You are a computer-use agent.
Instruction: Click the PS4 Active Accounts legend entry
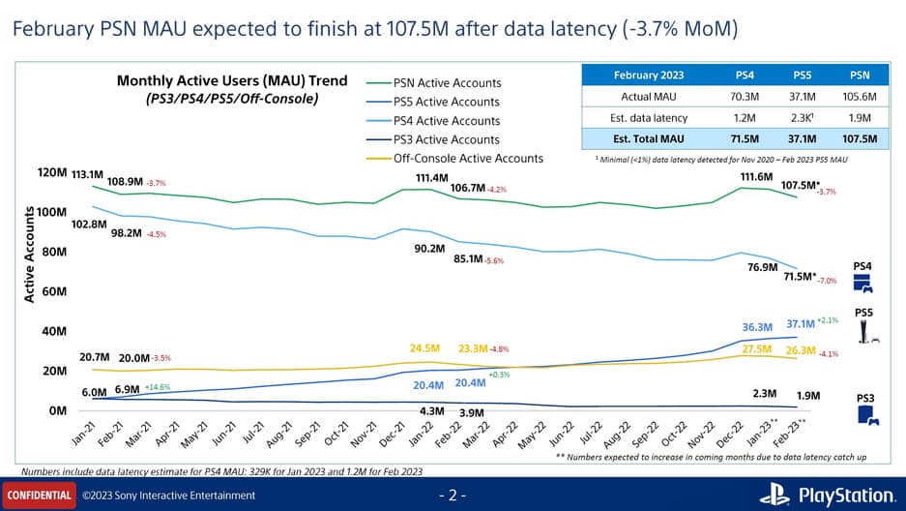[x=446, y=121]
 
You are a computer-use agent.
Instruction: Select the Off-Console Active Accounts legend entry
[x=468, y=158]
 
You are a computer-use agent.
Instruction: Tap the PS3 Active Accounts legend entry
[x=446, y=139]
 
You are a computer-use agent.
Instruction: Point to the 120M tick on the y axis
[x=51, y=172]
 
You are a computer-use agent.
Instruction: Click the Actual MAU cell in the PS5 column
[x=804, y=97]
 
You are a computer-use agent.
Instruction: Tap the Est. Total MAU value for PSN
[x=860, y=138]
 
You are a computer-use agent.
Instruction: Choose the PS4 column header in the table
[x=745, y=75]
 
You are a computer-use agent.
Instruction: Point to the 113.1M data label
[x=87, y=175]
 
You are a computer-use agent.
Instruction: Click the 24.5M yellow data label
[x=425, y=347]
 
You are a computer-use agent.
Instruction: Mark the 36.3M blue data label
[x=758, y=327]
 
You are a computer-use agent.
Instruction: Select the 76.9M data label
[x=763, y=267]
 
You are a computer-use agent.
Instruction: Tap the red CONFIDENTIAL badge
[x=39, y=496]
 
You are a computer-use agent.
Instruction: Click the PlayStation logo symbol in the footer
[x=774, y=495]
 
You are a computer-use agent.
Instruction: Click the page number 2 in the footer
[x=453, y=496]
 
